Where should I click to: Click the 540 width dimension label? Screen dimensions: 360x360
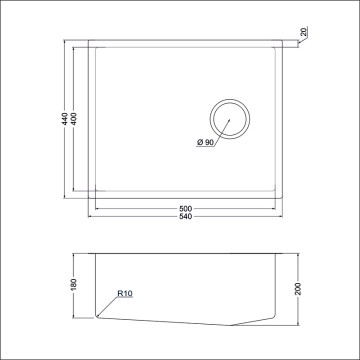[x=185, y=217]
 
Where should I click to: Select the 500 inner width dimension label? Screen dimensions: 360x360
[x=185, y=209]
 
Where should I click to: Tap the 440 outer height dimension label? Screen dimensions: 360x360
[x=66, y=119]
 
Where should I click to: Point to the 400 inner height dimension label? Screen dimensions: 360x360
[x=74, y=119]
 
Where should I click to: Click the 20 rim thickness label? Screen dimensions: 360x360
[x=304, y=32]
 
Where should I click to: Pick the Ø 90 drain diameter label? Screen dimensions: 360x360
[x=205, y=142]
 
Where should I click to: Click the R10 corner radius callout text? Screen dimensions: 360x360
[x=125, y=294]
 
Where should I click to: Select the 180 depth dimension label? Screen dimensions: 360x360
[x=74, y=284]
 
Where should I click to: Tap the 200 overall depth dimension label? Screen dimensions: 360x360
[x=298, y=289]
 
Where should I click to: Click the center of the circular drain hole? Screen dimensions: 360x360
[x=230, y=119]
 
